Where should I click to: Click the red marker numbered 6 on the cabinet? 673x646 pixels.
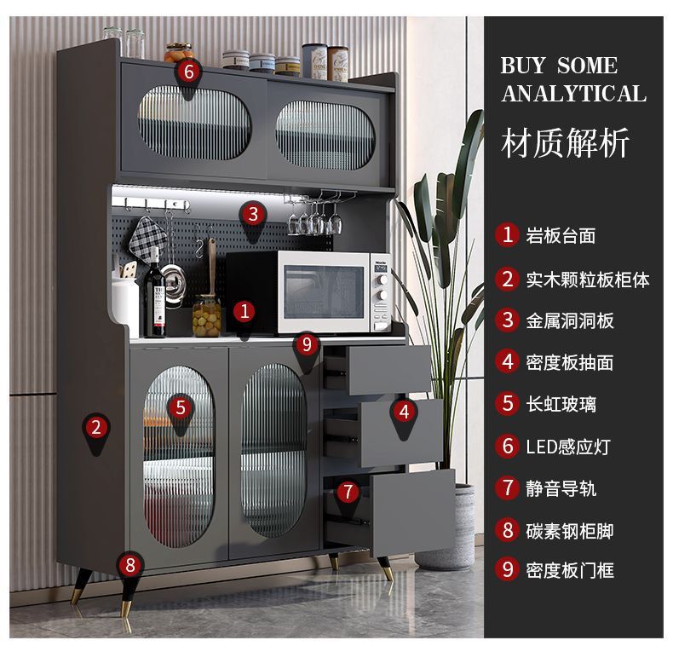[x=188, y=72]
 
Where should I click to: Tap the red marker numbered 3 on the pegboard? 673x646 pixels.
[x=252, y=213]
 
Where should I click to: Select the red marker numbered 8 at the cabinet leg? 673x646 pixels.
[x=129, y=563]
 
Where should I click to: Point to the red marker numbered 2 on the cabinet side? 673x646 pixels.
[x=96, y=426]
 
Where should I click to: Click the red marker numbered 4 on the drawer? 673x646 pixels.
[x=404, y=412]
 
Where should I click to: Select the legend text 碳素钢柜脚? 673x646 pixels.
[x=570, y=530]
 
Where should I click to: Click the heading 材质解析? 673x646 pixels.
[x=566, y=142]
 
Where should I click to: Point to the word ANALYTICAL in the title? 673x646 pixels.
[x=574, y=94]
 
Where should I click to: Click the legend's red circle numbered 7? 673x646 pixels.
[x=509, y=487]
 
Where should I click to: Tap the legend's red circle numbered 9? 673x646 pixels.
[x=509, y=569]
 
